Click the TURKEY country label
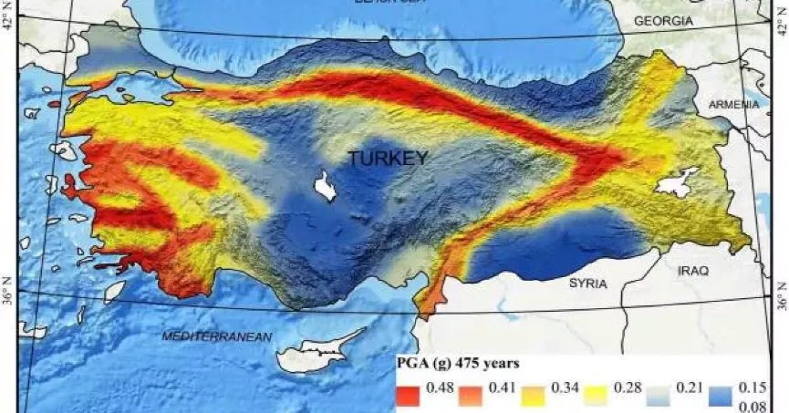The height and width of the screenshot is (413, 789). tap(387, 159)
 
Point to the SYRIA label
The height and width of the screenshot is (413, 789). tap(587, 284)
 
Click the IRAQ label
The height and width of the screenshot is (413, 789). tap(692, 272)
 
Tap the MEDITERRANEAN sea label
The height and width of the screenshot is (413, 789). tap(217, 336)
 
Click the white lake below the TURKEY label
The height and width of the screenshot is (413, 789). tap(322, 187)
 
